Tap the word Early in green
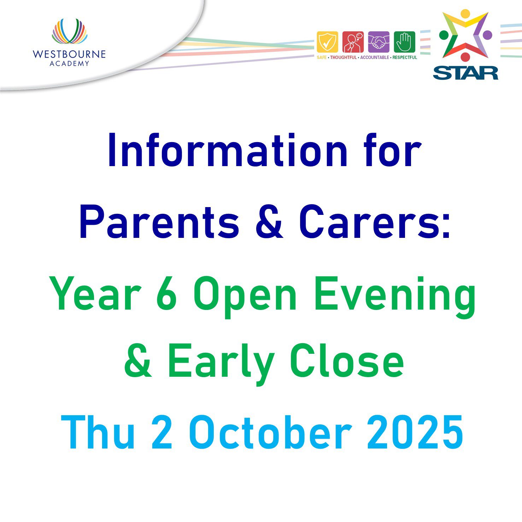click(x=221, y=364)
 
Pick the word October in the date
click(x=270, y=432)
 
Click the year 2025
click(x=415, y=432)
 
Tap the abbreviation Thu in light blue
click(x=98, y=432)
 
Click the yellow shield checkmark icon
click(x=327, y=42)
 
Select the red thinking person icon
click(x=353, y=42)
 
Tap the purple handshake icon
click(x=379, y=42)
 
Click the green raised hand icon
click(x=405, y=42)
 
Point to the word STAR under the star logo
click(x=465, y=73)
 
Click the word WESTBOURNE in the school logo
click(x=69, y=54)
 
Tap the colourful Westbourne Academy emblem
click(x=69, y=31)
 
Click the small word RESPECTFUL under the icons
click(x=405, y=57)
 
